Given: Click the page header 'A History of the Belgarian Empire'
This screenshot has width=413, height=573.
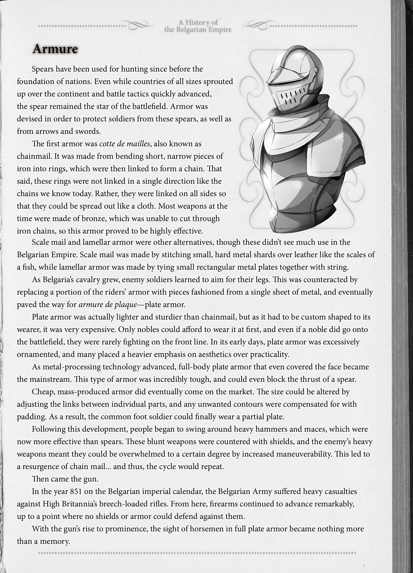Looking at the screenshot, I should click(x=198, y=26).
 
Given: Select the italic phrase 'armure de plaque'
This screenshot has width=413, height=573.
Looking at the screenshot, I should click(x=108, y=304).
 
